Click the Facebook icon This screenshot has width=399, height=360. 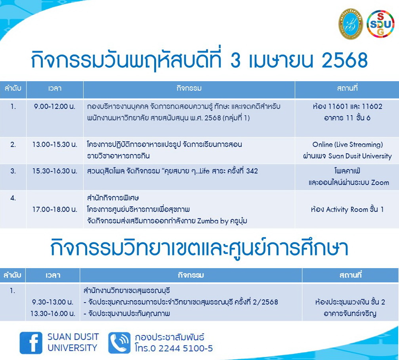pos(31,343)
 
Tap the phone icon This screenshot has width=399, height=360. pos(119,343)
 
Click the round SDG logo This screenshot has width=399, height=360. pos(380,24)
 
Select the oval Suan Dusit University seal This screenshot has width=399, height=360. pos(350,24)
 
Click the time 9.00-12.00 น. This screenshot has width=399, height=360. pos(55,107)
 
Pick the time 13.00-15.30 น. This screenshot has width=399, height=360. pos(55,145)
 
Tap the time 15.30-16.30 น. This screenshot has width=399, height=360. pos(55,171)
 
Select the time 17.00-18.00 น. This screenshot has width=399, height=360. pos(55,210)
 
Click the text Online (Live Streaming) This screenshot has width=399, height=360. pos(347,145)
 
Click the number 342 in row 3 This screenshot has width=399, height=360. pos(252,171)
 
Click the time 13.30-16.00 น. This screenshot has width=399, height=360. pos(53,313)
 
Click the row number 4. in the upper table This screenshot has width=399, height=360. pos(13,198)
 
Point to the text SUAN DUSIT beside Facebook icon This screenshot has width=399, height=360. pos(73,337)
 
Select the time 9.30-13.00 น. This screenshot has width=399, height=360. pos(53,302)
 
